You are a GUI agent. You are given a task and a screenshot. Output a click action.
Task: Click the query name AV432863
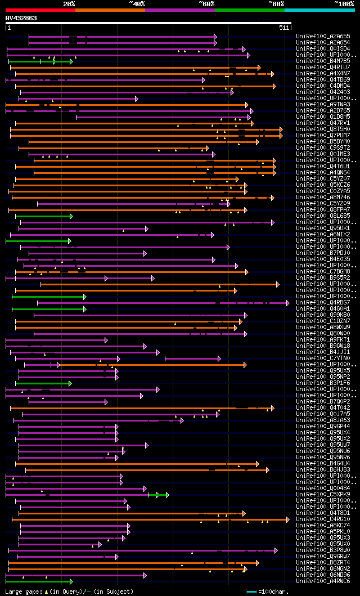click(x=21, y=18)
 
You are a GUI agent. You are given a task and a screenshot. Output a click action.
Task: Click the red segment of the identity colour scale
click(x=40, y=10)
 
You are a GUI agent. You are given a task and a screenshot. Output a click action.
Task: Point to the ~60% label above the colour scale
click(x=206, y=4)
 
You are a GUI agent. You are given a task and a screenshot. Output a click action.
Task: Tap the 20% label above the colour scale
click(x=69, y=4)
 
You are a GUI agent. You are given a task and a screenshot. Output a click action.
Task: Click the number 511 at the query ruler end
click(x=284, y=27)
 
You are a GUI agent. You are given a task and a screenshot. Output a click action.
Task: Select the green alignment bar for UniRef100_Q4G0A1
click(x=48, y=308)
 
